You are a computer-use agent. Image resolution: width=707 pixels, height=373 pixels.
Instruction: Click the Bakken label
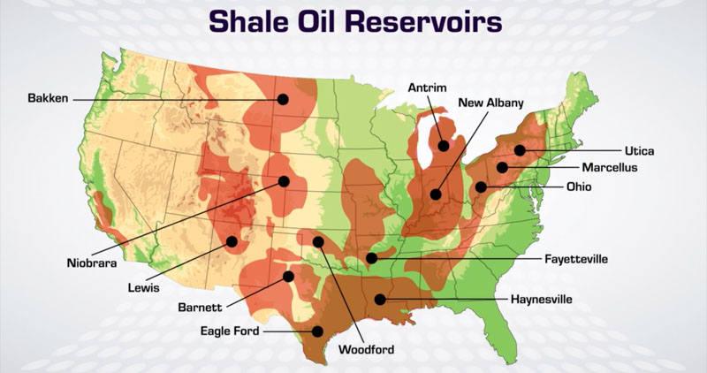[48, 98]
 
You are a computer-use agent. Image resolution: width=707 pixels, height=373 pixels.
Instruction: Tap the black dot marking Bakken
[283, 99]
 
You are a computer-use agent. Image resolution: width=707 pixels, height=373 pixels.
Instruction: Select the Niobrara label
[92, 263]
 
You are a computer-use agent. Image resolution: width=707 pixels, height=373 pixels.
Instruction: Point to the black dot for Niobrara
[284, 181]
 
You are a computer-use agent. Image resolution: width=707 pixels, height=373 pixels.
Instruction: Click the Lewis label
[143, 287]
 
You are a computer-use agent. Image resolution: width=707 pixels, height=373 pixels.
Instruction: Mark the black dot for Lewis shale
[232, 241]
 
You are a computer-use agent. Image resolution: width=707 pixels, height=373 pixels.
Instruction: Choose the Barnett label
[200, 308]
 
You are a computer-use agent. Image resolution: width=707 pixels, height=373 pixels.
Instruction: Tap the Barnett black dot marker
[289, 276]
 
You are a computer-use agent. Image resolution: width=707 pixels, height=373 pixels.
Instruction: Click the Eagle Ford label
[230, 331]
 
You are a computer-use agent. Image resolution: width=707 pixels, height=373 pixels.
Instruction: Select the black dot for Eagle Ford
[317, 331]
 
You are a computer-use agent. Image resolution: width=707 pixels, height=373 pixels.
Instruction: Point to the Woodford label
[366, 349]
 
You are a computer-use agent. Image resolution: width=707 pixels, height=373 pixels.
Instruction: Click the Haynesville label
[541, 299]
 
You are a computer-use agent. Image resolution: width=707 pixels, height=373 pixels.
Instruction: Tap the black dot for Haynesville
[380, 299]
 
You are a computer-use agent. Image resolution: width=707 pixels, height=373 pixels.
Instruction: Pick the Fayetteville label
[576, 259]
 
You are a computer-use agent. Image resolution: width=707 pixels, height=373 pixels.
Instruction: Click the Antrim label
[428, 88]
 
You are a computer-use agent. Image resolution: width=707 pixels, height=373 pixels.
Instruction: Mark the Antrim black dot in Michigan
[444, 146]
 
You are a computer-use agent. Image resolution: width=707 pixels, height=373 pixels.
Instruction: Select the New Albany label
[491, 103]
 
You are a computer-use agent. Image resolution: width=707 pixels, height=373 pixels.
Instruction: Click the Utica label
[639, 150]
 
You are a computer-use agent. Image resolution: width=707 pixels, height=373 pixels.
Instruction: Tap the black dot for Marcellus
[502, 167]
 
